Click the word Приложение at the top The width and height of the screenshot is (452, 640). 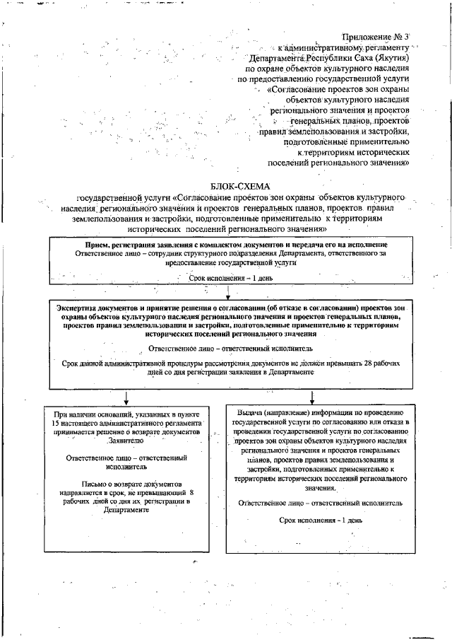367,35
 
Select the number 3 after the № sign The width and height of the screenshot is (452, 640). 405,35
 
